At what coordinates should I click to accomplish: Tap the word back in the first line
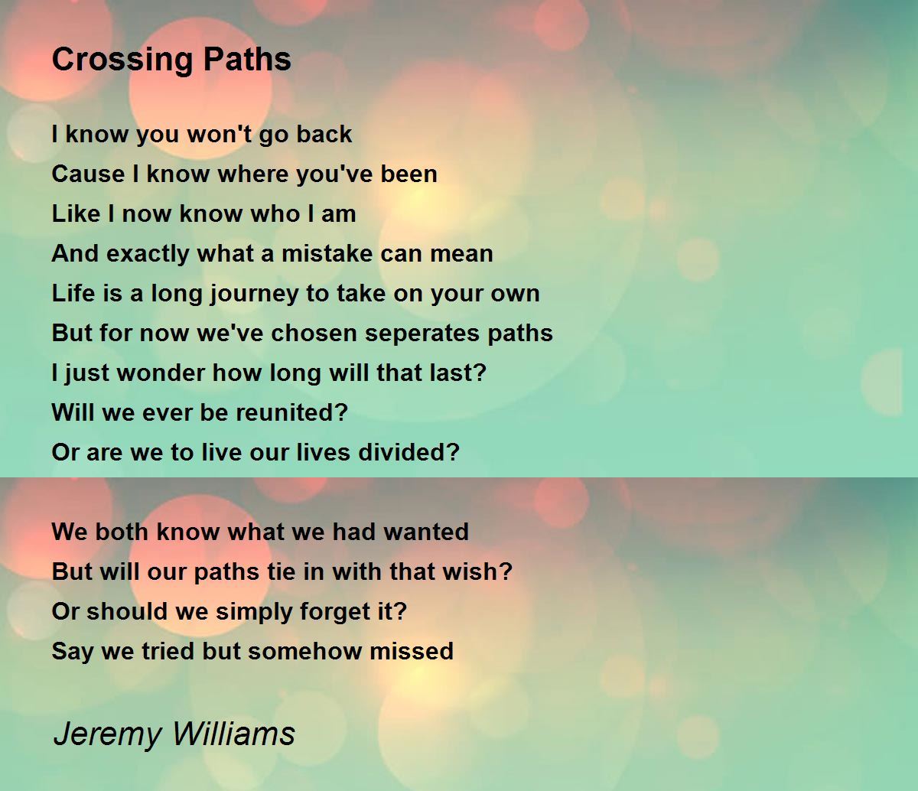tap(324, 134)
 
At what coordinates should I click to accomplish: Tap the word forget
tap(336, 612)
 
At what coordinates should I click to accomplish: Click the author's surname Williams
tap(233, 733)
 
